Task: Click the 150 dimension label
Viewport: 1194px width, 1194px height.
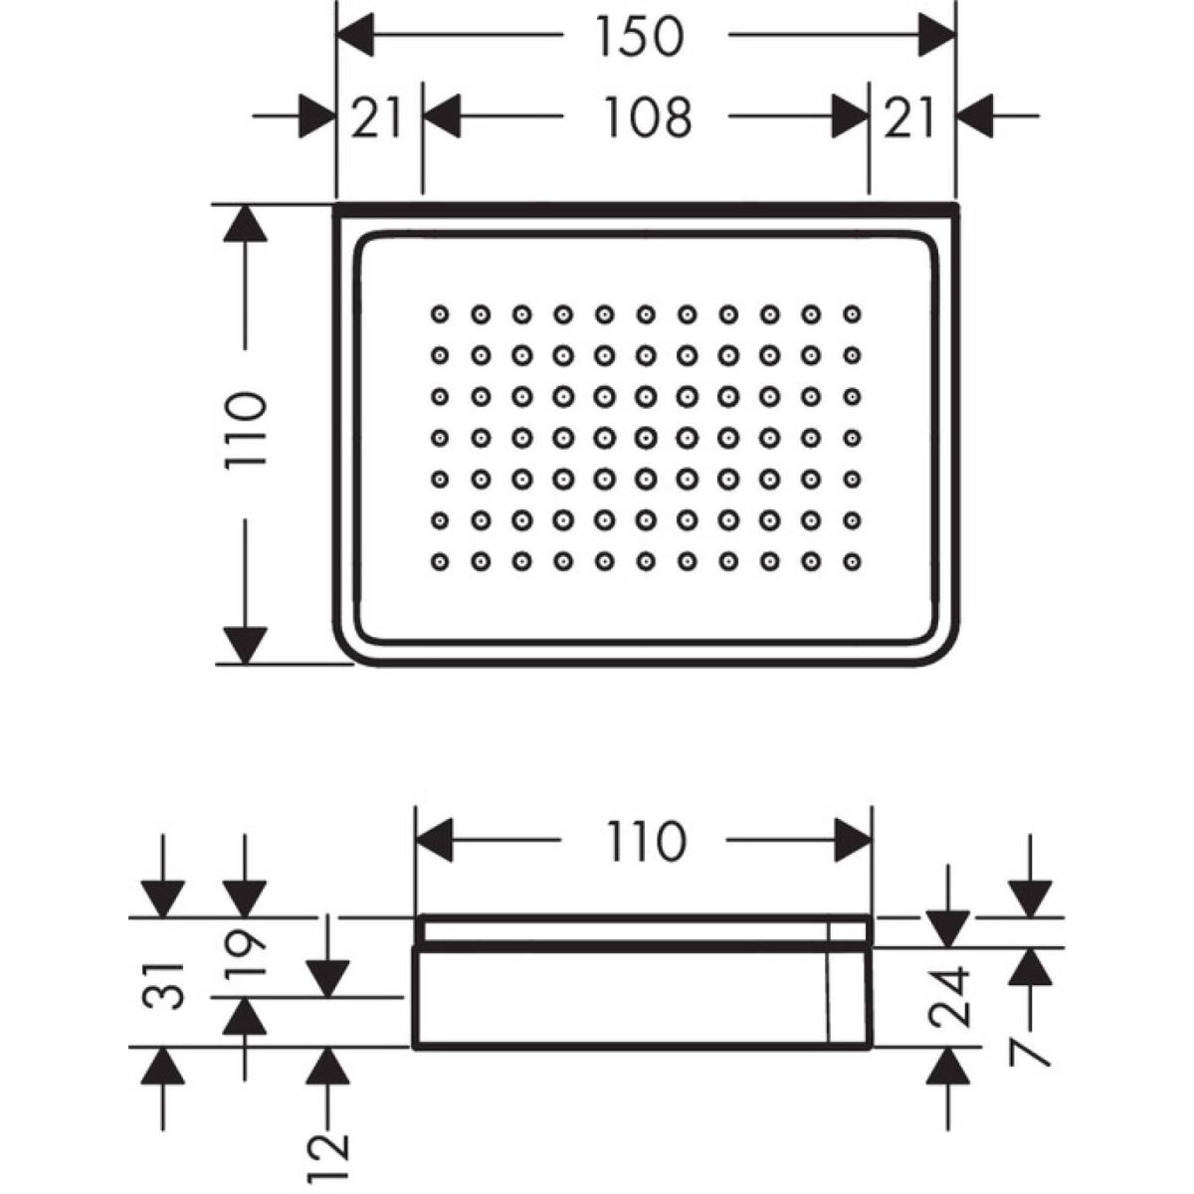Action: [x=641, y=37]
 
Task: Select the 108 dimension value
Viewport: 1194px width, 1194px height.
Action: [x=648, y=117]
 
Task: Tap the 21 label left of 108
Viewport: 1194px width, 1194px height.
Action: [x=378, y=117]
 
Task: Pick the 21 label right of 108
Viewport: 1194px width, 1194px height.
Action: [x=910, y=117]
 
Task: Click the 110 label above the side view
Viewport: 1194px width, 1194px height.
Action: [x=642, y=842]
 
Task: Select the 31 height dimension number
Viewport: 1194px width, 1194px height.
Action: [x=163, y=985]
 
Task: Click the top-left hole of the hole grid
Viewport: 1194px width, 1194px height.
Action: [x=439, y=314]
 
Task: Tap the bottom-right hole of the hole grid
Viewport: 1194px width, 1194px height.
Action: [x=852, y=562]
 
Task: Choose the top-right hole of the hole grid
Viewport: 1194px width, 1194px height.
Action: [x=852, y=314]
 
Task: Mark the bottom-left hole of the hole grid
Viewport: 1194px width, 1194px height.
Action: [x=439, y=562]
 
